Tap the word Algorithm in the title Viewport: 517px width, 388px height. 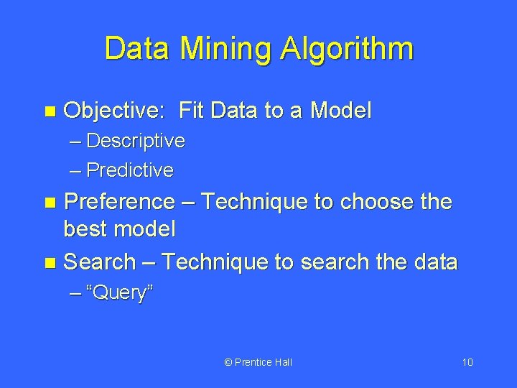pyautogui.click(x=346, y=50)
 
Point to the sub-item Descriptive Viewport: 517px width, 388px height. pyautogui.click(x=135, y=141)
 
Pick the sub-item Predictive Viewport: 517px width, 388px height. pyautogui.click(x=129, y=170)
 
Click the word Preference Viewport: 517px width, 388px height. pyautogui.click(x=118, y=202)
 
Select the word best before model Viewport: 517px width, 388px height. pyautogui.click(x=88, y=229)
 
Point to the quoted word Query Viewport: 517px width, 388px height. pyautogui.click(x=119, y=293)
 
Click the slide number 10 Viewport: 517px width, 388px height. pyautogui.click(x=467, y=362)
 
